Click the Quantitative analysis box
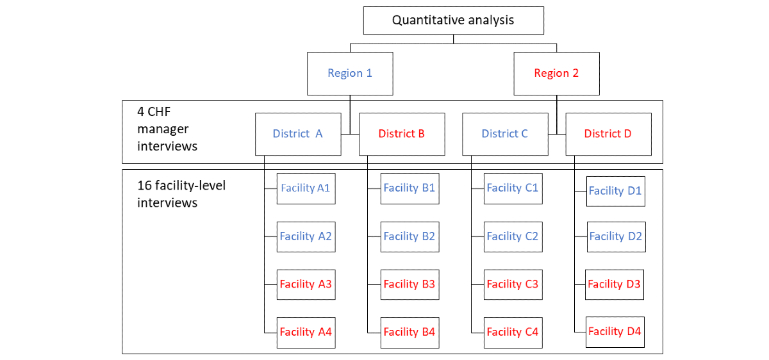[x=454, y=20]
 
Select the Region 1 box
[x=350, y=74]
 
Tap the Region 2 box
[x=556, y=74]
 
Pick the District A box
[x=298, y=134]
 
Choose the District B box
[x=402, y=134]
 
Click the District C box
[x=506, y=134]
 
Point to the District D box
[x=609, y=134]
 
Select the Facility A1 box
[x=306, y=189]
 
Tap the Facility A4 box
[x=306, y=333]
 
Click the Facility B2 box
[x=410, y=237]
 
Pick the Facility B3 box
[x=410, y=284]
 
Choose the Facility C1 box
[x=513, y=189]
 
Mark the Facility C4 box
[x=513, y=333]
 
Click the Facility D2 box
[x=616, y=237]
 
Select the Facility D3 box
[x=615, y=284]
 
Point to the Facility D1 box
[x=616, y=192]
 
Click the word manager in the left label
[x=163, y=129]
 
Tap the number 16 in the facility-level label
[x=144, y=186]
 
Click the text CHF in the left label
[x=159, y=112]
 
